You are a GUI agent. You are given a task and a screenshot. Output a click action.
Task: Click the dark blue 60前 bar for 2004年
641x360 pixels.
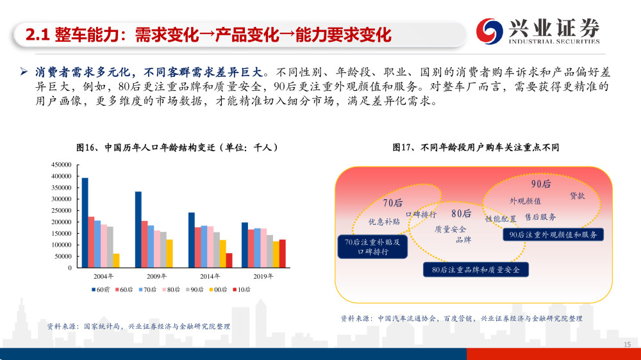pos(85,223)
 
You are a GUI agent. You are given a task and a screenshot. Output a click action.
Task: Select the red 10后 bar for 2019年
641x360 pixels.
pos(283,254)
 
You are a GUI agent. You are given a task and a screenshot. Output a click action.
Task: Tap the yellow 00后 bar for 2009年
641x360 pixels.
pos(169,254)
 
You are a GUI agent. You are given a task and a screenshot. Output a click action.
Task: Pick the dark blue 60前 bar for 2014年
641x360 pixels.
pos(191,240)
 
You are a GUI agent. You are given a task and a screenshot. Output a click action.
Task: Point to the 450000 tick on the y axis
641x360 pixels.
pos(62,165)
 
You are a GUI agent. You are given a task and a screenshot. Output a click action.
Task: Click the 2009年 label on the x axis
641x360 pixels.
pos(156,276)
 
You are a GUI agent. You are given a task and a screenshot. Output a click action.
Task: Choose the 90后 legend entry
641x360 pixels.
pos(195,290)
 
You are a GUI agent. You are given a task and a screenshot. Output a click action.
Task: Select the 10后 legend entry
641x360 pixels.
pos(242,290)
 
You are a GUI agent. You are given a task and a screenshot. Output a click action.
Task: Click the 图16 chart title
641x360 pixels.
pos(177,147)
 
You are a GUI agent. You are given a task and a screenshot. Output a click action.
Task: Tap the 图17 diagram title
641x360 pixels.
pos(476,147)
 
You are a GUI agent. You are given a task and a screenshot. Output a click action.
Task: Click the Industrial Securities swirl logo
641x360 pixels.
pos(489,31)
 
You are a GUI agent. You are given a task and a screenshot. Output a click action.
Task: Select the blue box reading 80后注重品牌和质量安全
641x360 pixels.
pos(476,270)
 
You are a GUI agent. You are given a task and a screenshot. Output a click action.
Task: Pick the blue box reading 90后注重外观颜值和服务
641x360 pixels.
pos(553,234)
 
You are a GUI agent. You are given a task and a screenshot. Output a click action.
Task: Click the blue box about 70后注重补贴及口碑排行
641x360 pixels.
pos(372,247)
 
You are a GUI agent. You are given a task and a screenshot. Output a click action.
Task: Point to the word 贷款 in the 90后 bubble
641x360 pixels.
pos(578,196)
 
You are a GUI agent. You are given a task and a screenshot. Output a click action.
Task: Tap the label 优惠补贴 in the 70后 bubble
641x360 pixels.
pos(384,222)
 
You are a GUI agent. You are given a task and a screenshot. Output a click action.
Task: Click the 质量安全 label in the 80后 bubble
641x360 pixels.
pos(450,229)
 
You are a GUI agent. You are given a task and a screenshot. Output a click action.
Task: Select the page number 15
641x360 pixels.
pos(627,345)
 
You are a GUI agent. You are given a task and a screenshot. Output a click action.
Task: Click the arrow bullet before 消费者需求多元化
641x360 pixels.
pos(24,72)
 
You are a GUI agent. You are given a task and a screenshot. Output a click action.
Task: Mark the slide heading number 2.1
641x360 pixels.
pos(37,35)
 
